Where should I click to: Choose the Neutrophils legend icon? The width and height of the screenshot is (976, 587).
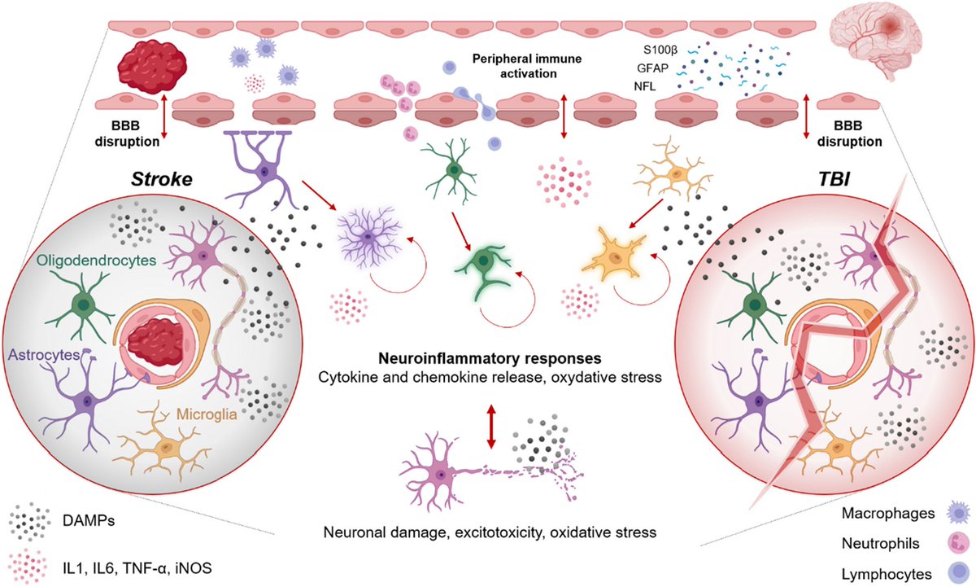tap(947, 541)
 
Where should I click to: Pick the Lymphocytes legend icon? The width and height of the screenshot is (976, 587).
tap(947, 569)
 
